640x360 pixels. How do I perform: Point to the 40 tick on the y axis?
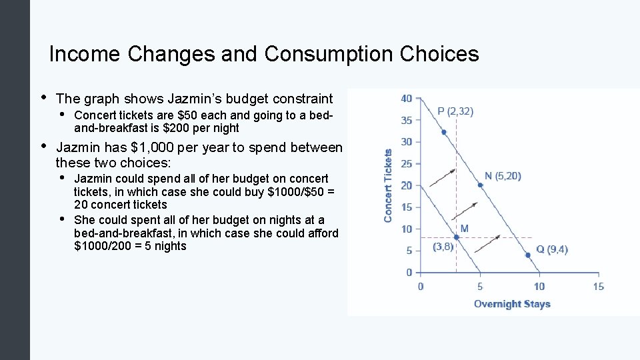click(406, 99)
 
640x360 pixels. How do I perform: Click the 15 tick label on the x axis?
click(598, 287)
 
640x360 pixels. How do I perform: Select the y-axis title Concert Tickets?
click(389, 185)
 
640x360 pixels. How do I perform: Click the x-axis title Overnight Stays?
click(512, 304)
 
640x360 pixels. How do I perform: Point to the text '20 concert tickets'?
click(121, 205)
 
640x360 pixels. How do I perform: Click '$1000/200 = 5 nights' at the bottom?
click(131, 246)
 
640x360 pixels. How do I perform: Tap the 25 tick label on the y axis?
click(406, 163)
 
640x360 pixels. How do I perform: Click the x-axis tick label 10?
click(539, 287)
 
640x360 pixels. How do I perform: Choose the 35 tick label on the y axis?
click(406, 121)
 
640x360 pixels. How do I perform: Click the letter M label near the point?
click(464, 229)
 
